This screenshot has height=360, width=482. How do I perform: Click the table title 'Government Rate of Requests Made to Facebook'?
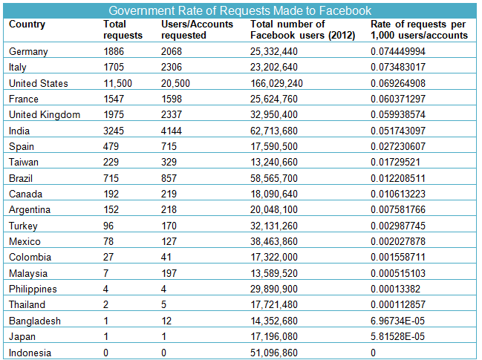tap(240, 10)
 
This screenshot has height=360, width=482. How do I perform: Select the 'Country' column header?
tap(27, 24)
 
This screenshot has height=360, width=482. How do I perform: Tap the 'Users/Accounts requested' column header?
tap(197, 30)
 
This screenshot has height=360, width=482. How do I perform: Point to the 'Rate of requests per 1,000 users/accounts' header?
tap(419, 30)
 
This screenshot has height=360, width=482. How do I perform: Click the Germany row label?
tap(28, 52)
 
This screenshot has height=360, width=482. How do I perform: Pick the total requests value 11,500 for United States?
tap(117, 84)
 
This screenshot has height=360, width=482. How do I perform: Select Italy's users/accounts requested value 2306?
tap(172, 67)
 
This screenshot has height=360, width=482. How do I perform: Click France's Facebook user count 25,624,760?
tap(273, 99)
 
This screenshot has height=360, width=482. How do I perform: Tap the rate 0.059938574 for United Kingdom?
tap(398, 114)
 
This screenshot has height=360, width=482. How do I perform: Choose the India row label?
tap(19, 131)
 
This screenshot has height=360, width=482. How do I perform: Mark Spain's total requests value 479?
tap(111, 146)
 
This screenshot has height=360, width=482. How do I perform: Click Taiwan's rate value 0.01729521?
tap(395, 162)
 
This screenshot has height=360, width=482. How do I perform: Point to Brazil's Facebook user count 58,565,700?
tap(273, 178)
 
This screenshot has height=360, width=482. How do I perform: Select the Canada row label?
tap(25, 194)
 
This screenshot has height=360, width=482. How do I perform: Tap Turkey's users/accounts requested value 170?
tap(169, 226)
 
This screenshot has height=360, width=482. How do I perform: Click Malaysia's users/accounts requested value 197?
tap(169, 273)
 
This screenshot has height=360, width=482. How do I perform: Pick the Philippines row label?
tap(33, 289)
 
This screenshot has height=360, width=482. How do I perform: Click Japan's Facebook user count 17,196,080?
tap(273, 337)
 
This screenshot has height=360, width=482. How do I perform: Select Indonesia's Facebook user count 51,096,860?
tap(273, 353)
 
